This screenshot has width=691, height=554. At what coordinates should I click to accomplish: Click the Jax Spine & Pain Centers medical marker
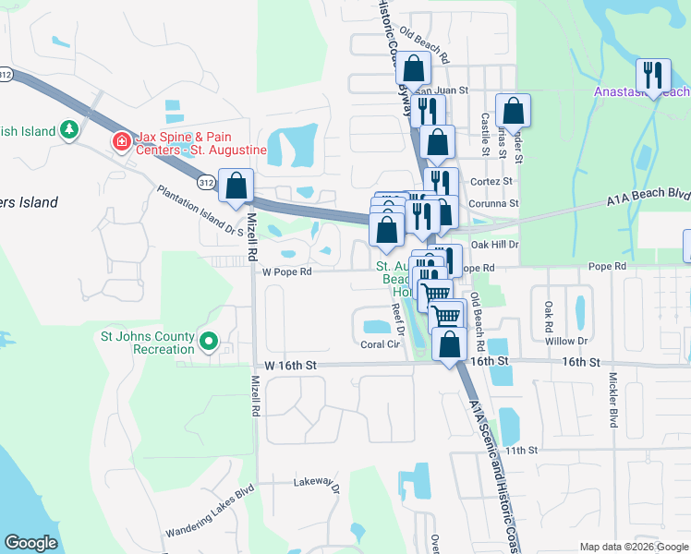120,141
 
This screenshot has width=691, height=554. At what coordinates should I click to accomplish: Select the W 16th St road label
290,366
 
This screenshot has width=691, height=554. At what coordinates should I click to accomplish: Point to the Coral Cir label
379,344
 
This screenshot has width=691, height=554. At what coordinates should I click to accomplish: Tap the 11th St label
521,451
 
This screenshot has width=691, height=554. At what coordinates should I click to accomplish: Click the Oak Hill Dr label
495,245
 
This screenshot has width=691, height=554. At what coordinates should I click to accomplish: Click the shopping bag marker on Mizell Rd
236,185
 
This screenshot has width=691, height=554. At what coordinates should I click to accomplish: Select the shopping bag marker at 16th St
449,345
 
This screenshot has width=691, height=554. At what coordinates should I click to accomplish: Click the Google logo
30,543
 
